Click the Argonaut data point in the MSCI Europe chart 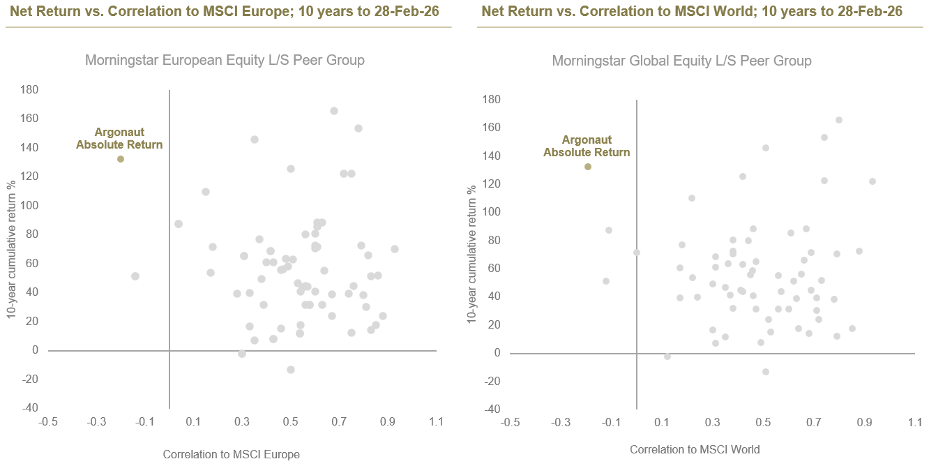121,159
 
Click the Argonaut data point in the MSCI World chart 588,167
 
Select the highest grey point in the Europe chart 334,111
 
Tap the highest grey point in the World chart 839,120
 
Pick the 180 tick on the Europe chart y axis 29,90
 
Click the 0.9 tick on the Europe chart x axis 388,422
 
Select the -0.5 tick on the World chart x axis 511,423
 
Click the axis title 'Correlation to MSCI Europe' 231,455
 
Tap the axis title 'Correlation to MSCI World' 695,450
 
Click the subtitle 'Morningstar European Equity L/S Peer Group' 225,60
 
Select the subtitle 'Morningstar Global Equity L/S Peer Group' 681,61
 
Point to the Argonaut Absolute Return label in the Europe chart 119,139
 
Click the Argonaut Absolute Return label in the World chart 587,146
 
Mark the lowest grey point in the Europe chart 291,370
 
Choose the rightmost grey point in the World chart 873,181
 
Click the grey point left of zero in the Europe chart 135,276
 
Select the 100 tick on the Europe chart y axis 29,206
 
